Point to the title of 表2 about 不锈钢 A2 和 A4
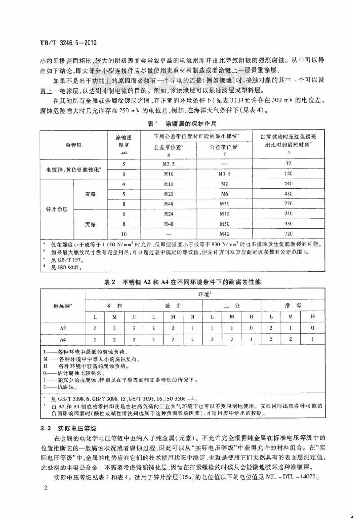(x=180, y=281)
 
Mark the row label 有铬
(x=90, y=194)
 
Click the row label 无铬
(x=90, y=223)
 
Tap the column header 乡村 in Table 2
(x=114, y=304)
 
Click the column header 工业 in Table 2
(x=232, y=304)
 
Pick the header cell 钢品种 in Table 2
(x=63, y=306)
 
